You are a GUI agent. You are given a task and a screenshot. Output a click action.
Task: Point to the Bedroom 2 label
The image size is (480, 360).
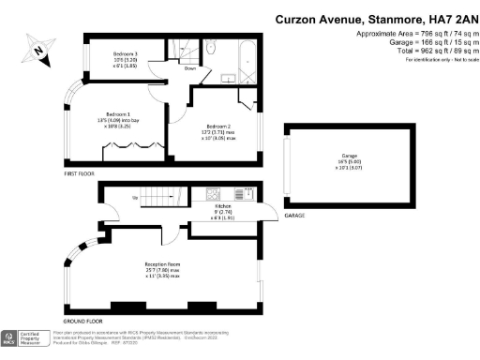pyautogui.click(x=219, y=130)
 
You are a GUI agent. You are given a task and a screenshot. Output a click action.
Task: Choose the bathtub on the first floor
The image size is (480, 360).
pyautogui.click(x=246, y=62)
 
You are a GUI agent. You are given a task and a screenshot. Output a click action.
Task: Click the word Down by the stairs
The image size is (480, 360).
pyautogui.click(x=189, y=68)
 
